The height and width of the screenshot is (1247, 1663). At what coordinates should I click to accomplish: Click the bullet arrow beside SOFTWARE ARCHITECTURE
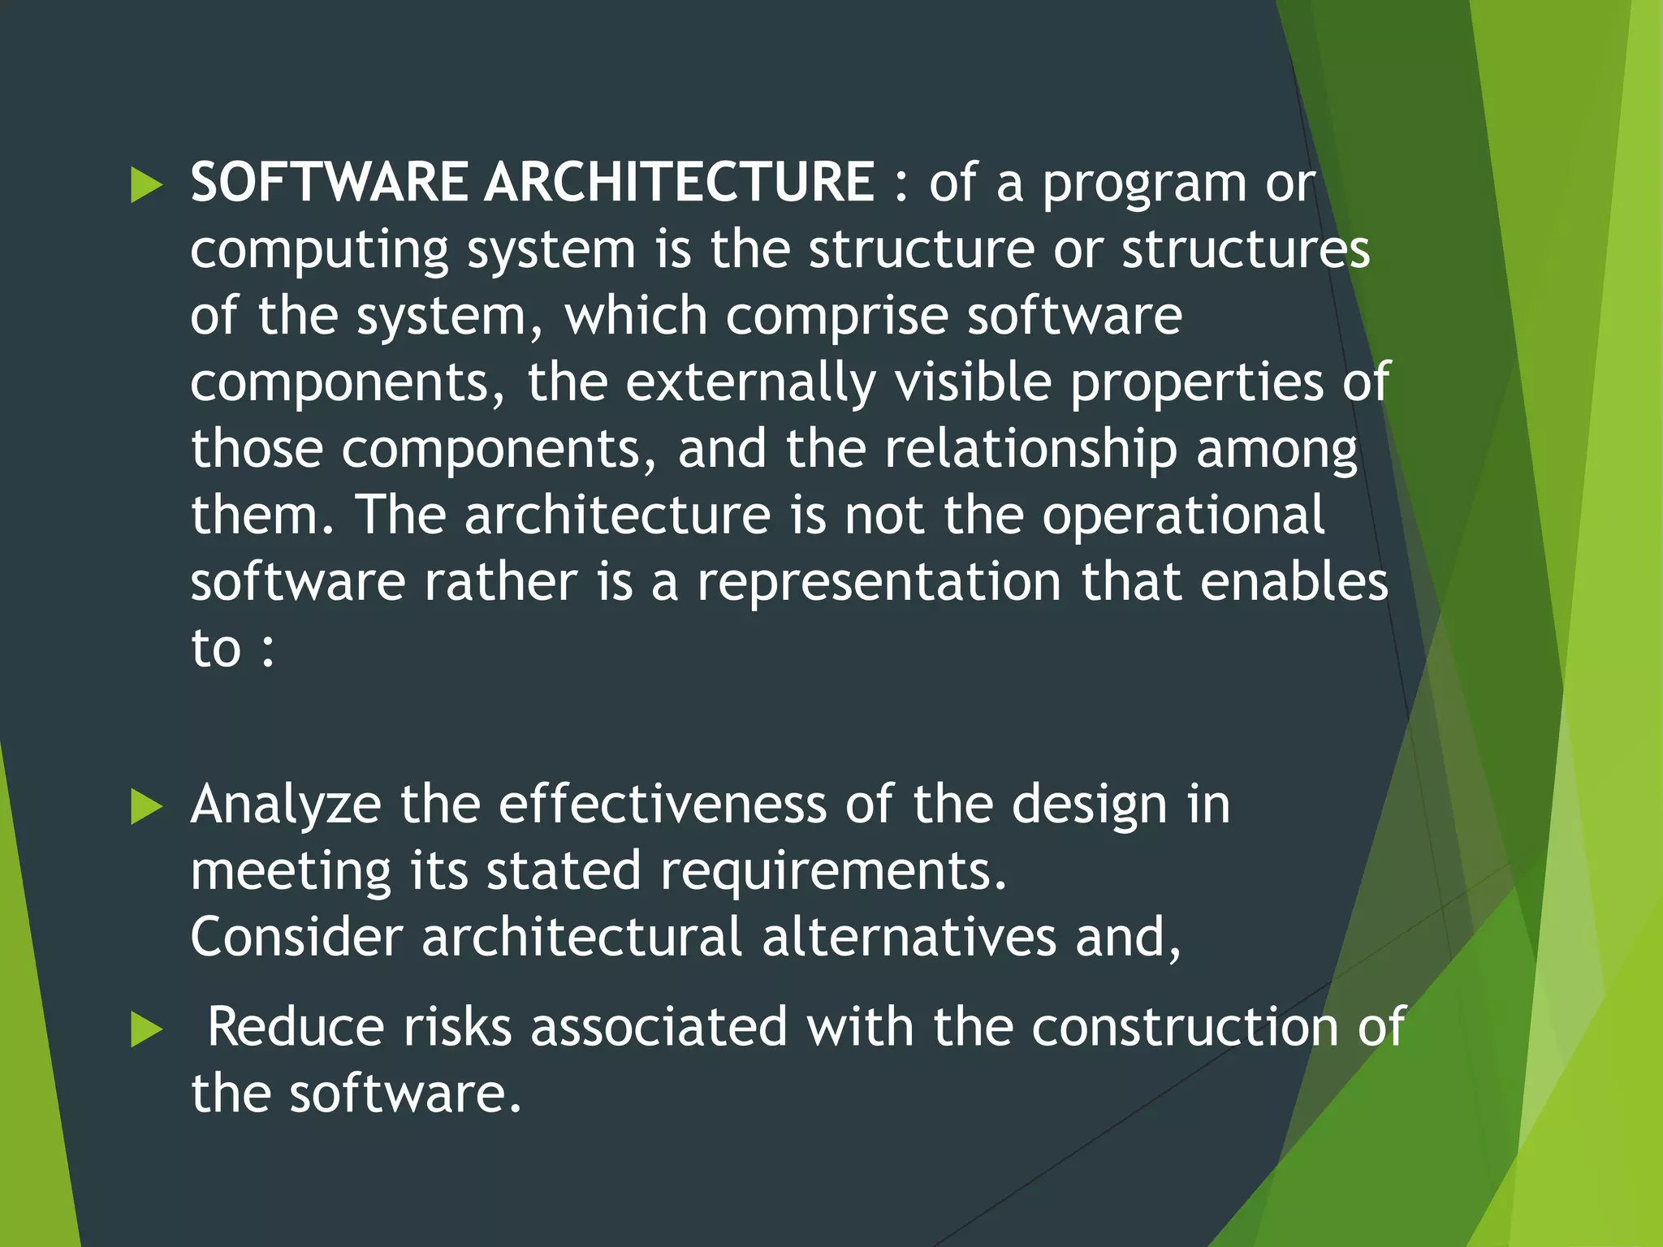pos(146,186)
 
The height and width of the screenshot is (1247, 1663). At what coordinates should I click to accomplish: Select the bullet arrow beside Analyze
pos(146,808)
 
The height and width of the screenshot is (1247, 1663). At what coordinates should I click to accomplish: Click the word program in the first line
pos(1144,185)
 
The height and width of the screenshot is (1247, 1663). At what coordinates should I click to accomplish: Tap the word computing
pos(319,252)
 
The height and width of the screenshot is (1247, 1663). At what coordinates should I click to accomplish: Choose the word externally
pos(750,382)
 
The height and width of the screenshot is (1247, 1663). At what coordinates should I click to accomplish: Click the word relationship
pos(1030,449)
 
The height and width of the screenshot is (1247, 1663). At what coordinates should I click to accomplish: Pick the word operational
pos(1183,516)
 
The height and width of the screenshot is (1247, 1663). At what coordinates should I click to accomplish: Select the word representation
pos(879,583)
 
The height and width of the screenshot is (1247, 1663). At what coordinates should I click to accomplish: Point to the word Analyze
pos(286,805)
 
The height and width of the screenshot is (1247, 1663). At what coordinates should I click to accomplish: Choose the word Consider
pos(296,937)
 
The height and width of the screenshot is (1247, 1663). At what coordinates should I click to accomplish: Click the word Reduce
pos(296,1027)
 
